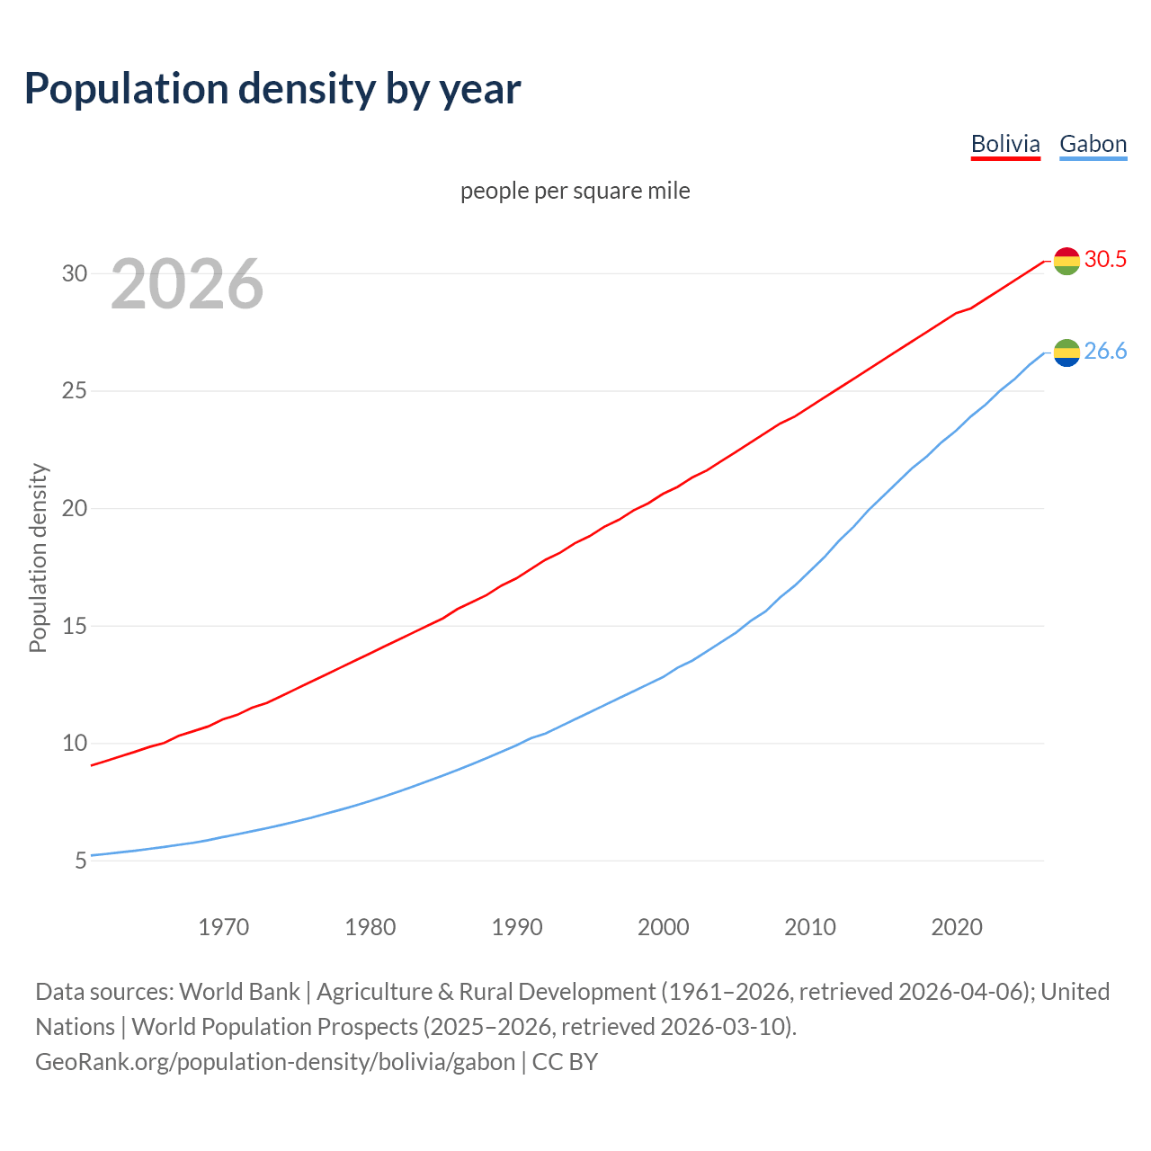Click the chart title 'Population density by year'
pyautogui.click(x=272, y=89)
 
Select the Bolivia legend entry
pyautogui.click(x=1005, y=144)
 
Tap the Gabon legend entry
pyautogui.click(x=1093, y=144)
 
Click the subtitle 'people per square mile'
pyautogui.click(x=575, y=191)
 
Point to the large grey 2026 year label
pyautogui.click(x=187, y=284)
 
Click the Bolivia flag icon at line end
pyautogui.click(x=1066, y=261)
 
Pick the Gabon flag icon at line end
pyautogui.click(x=1066, y=352)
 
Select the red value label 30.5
pyautogui.click(x=1105, y=260)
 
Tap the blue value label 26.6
pyautogui.click(x=1105, y=352)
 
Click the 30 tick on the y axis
pyautogui.click(x=75, y=273)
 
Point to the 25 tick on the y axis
pyautogui.click(x=75, y=391)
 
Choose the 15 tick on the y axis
pyautogui.click(x=75, y=626)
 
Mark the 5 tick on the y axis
pyautogui.click(x=81, y=861)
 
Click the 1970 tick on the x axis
pyautogui.click(x=224, y=927)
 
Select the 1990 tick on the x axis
pyautogui.click(x=517, y=927)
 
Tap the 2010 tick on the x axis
pyautogui.click(x=810, y=927)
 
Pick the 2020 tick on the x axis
pyautogui.click(x=957, y=927)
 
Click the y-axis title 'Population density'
pyautogui.click(x=38, y=558)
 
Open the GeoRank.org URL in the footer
pyautogui.click(x=275, y=1062)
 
